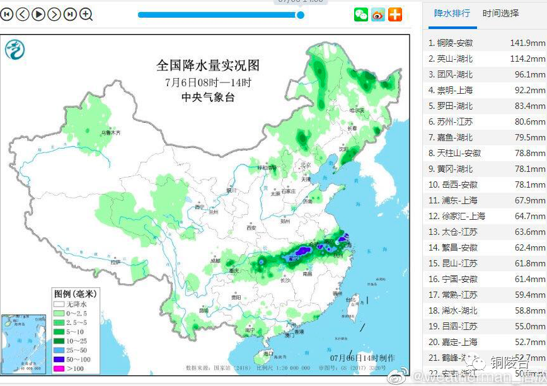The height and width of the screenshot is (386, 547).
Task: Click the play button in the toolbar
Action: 38,14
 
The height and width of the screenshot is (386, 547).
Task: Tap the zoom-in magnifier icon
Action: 86,14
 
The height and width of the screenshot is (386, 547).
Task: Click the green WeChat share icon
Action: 360,14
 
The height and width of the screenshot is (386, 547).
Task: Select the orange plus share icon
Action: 394,14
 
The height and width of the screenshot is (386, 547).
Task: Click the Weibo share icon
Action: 377,14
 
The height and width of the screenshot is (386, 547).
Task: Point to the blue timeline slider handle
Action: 300,14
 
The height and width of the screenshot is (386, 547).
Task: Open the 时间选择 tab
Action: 501,13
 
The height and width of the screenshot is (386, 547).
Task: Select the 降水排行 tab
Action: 452,13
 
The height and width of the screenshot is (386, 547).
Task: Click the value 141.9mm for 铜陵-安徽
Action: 527,43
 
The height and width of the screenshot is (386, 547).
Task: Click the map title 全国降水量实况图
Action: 207,65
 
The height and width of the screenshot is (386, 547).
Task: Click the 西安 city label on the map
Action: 252,227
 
